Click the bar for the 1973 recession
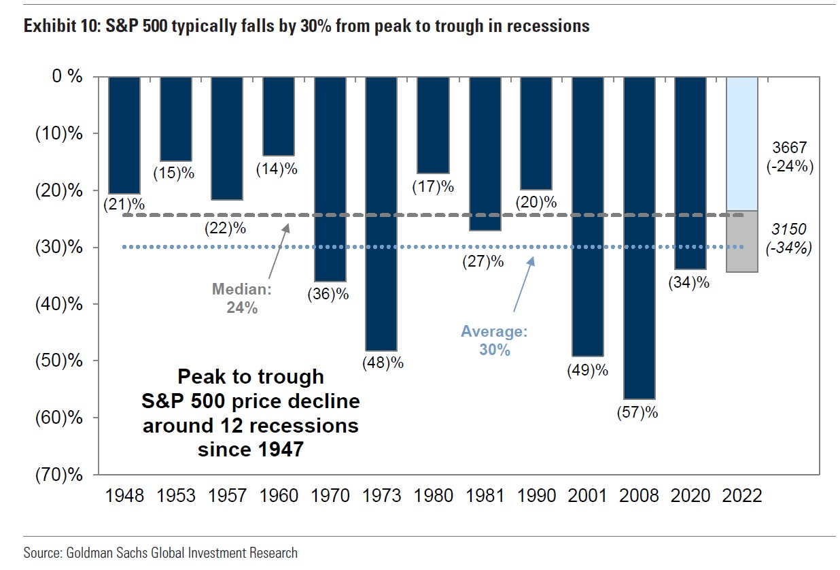click(x=381, y=214)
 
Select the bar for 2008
click(x=639, y=237)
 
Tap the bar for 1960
click(x=279, y=116)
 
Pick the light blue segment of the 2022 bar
click(x=742, y=144)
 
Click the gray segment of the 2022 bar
click(x=742, y=241)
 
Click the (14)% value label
click(x=277, y=169)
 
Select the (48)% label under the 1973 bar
click(x=383, y=363)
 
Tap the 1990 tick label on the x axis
click(x=536, y=496)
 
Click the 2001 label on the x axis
click(x=588, y=496)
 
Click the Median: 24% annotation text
click(x=242, y=298)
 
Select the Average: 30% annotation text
click(x=494, y=341)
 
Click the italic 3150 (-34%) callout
click(x=789, y=239)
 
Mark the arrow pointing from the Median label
click(x=279, y=252)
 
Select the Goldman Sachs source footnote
click(x=160, y=552)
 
